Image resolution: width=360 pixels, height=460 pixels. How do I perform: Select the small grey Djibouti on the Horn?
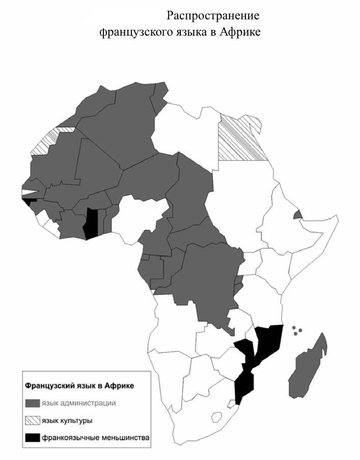[297, 215]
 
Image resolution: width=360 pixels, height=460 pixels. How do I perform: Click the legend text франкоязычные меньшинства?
[96, 437]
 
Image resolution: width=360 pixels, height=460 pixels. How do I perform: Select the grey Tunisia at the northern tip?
[161, 94]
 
